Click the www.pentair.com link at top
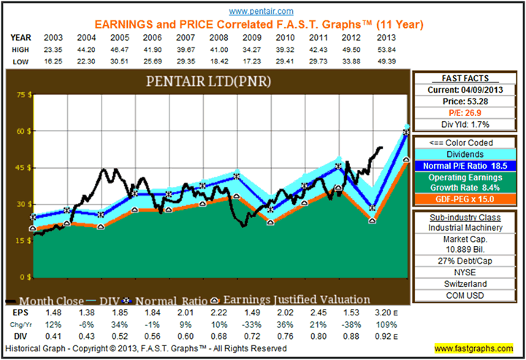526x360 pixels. pyautogui.click(x=261, y=12)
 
